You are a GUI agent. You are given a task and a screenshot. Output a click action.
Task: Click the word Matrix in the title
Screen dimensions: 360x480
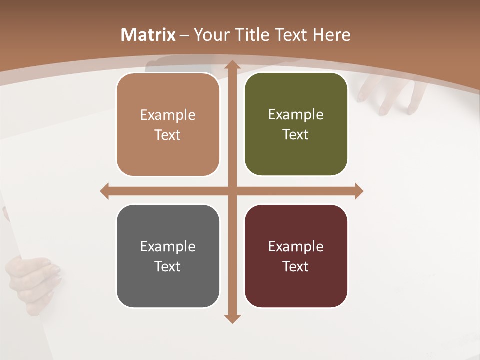[148, 35]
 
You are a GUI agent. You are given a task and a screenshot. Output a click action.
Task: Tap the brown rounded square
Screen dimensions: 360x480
[168, 125]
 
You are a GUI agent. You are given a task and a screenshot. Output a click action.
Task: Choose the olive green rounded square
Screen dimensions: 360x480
[296, 124]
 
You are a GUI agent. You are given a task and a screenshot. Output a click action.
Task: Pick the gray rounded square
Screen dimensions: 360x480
[168, 256]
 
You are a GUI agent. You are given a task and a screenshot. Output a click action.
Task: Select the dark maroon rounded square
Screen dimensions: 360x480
[296, 256]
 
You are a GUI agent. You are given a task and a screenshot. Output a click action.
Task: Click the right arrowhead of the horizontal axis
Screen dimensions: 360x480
[359, 191]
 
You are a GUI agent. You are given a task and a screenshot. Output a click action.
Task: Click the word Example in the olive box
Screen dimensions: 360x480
[296, 114]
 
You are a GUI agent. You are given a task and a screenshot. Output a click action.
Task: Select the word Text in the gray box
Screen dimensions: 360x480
[168, 266]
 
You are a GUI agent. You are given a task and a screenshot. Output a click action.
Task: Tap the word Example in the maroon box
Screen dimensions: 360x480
[296, 246]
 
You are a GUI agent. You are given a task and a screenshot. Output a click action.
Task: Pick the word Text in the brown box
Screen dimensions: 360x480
[168, 135]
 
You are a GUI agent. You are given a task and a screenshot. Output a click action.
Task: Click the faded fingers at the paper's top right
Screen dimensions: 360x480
[390, 95]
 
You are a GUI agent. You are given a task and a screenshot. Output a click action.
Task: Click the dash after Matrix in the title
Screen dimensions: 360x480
[185, 35]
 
